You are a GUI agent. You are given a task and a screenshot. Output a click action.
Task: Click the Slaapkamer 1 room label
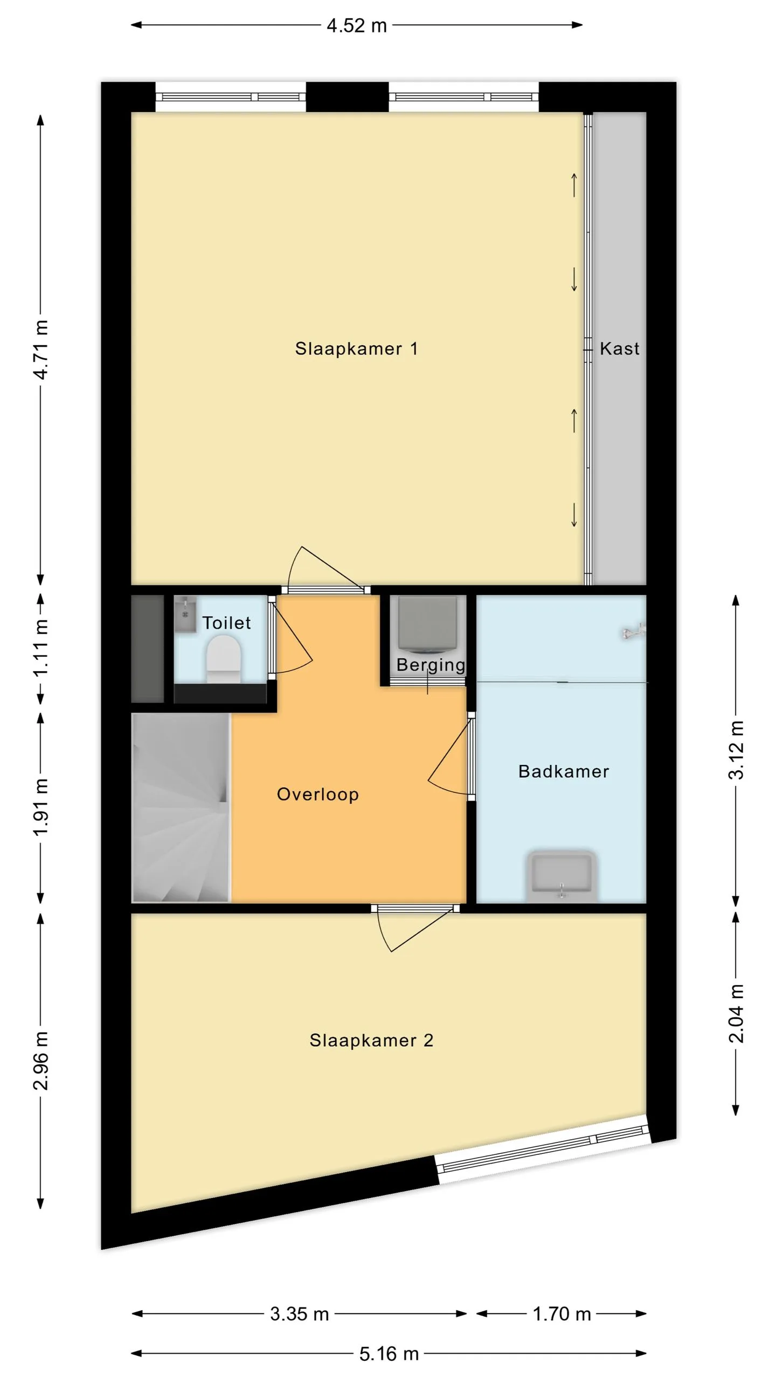pyautogui.click(x=356, y=349)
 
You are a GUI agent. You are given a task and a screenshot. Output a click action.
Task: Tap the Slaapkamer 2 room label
pyautogui.click(x=371, y=1040)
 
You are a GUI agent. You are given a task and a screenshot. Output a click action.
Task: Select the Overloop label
pyautogui.click(x=317, y=795)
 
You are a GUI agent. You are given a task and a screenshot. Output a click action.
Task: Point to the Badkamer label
pyautogui.click(x=564, y=771)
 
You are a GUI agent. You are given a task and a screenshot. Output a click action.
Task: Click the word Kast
pyautogui.click(x=620, y=349)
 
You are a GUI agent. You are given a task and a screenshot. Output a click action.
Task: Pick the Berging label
pyautogui.click(x=431, y=665)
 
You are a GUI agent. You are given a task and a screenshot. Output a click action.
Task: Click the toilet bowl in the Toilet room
pyautogui.click(x=224, y=659)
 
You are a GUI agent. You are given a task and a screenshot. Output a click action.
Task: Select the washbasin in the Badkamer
pyautogui.click(x=562, y=875)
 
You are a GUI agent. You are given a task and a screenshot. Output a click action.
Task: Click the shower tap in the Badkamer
pyautogui.click(x=634, y=631)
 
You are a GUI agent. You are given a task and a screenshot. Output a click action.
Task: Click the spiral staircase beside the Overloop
pyautogui.click(x=181, y=807)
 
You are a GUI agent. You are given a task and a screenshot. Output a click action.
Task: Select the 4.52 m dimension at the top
pyautogui.click(x=357, y=25)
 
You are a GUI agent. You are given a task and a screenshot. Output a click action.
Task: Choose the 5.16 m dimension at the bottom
pyautogui.click(x=389, y=1353)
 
